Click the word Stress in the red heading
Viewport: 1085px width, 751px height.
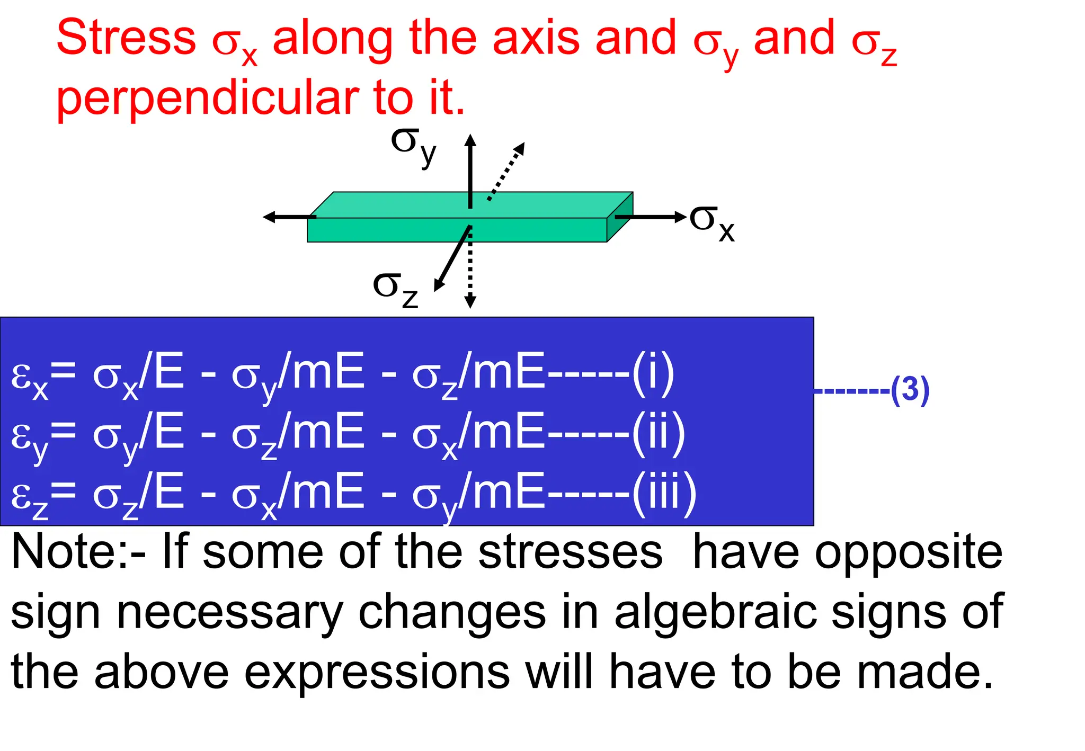126,38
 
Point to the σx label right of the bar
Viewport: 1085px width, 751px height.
712,222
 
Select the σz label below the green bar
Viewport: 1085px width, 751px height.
395,289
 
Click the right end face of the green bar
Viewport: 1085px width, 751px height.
619,217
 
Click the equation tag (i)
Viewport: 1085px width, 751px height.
653,373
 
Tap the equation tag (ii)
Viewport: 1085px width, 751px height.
659,434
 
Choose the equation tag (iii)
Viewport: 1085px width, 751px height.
664,494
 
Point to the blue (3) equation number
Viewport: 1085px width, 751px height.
910,390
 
